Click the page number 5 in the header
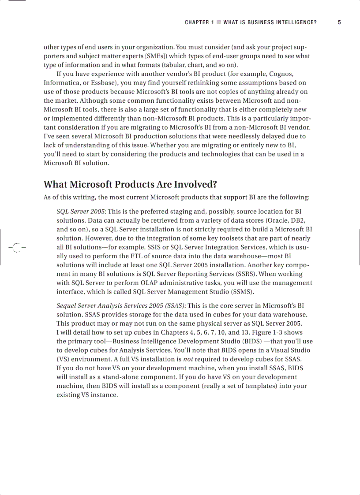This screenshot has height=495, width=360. pos(339,22)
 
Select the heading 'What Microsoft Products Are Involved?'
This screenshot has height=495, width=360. pos(130,184)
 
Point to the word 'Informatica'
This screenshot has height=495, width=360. pos(61,82)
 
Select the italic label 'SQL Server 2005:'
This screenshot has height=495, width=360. pos(81,212)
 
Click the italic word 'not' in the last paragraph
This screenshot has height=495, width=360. pos(188,359)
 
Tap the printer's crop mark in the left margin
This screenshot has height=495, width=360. pos(16,248)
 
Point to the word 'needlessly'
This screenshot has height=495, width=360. pos(237,136)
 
